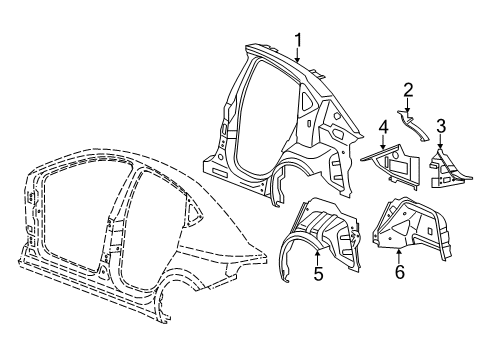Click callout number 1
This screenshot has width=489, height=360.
[x=297, y=39]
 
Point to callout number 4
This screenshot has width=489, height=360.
[x=382, y=126]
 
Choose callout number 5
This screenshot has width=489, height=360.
[x=318, y=272]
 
